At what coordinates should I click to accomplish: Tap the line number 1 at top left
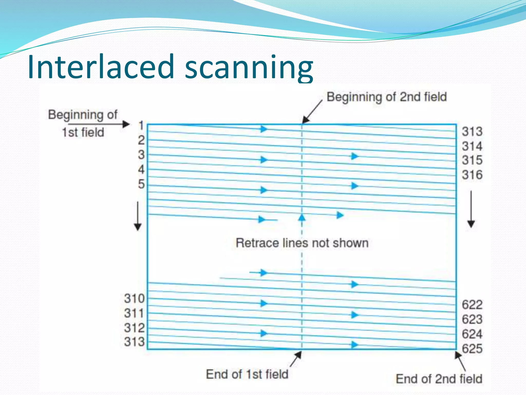pyautogui.click(x=141, y=126)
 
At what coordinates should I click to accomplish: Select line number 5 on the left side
pyautogui.click(x=141, y=184)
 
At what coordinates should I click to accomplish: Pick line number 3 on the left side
pyautogui.click(x=141, y=155)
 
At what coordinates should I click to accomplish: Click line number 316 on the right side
pyautogui.click(x=472, y=175)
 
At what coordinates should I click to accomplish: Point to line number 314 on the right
pyautogui.click(x=472, y=146)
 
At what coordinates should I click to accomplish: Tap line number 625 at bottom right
pyautogui.click(x=472, y=349)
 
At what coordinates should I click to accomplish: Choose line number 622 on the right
pyautogui.click(x=472, y=305)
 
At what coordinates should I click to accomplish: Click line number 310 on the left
pyautogui.click(x=134, y=299)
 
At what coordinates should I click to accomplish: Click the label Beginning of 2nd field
pyautogui.click(x=387, y=97)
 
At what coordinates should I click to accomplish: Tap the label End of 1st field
pyautogui.click(x=247, y=374)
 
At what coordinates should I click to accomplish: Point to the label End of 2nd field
pyautogui.click(x=439, y=379)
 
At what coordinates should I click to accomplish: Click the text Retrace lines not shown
pyautogui.click(x=302, y=243)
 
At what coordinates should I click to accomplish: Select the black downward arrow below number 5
pyautogui.click(x=138, y=216)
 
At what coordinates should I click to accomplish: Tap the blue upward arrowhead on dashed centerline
pyautogui.click(x=302, y=218)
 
